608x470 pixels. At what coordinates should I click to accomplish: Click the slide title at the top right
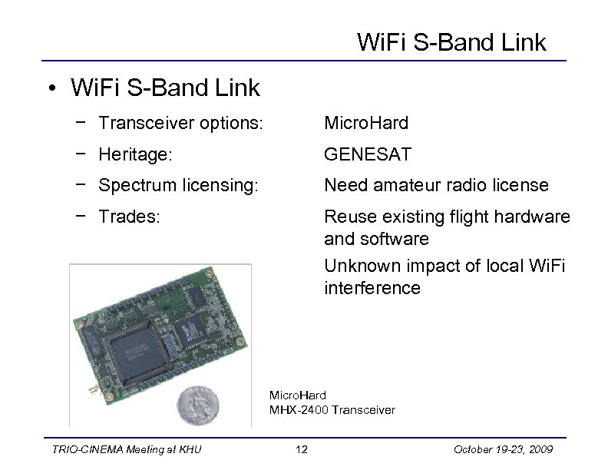click(x=451, y=42)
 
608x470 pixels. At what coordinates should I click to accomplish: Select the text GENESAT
click(x=368, y=154)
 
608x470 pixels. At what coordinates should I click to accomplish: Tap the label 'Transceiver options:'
click(x=180, y=123)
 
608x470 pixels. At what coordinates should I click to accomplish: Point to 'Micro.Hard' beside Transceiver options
click(x=366, y=123)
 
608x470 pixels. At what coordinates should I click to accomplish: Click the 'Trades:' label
click(x=130, y=217)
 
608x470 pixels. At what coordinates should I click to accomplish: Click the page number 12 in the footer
click(x=302, y=449)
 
